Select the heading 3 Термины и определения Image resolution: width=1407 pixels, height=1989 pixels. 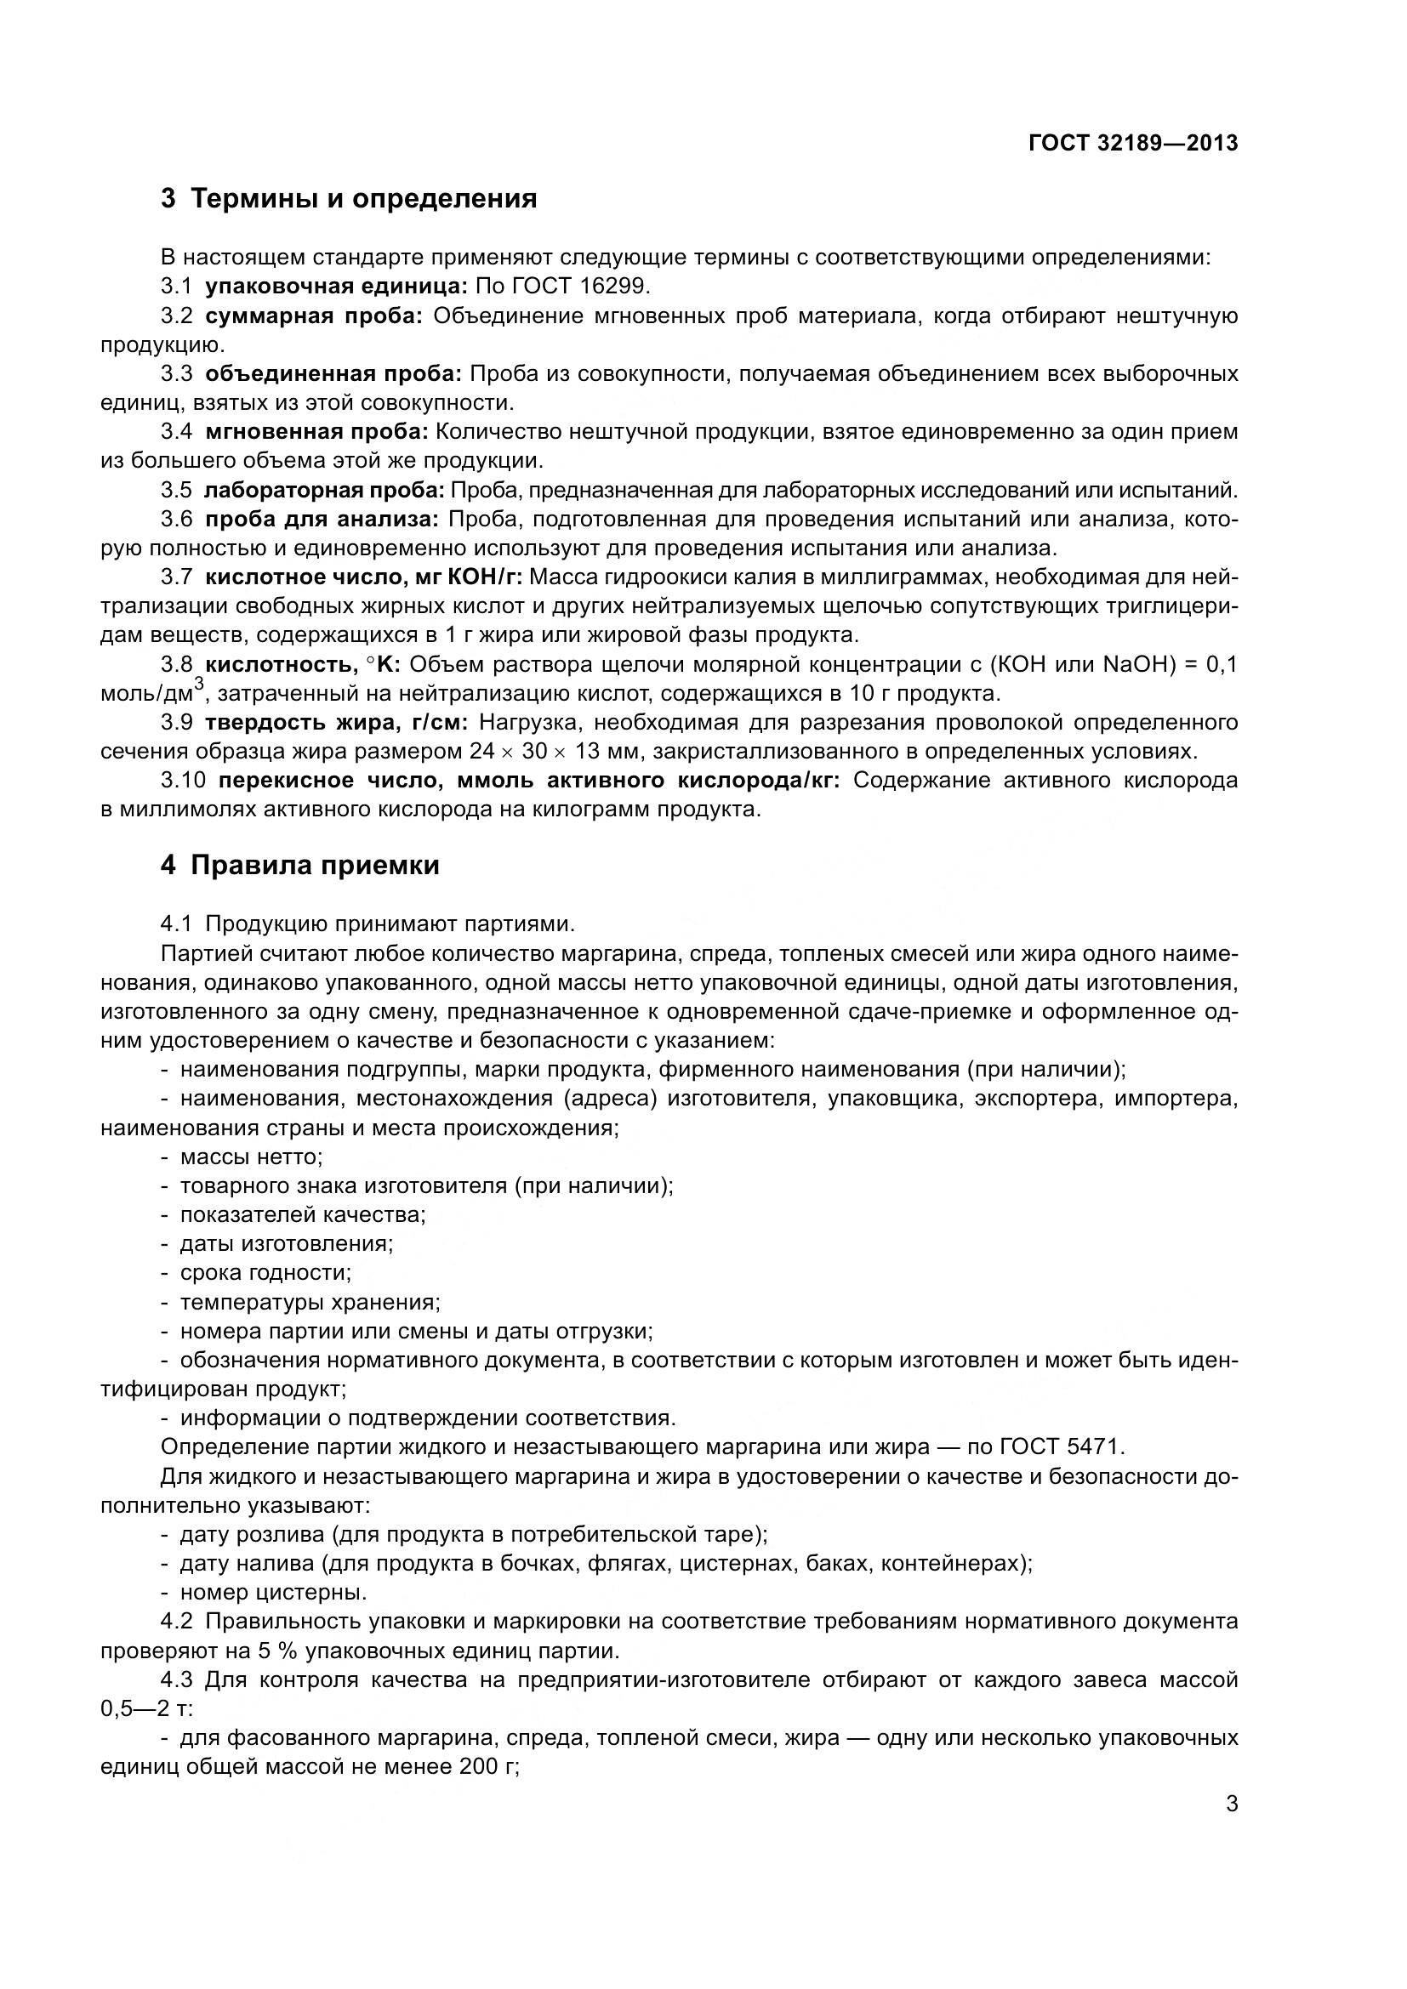[x=348, y=199]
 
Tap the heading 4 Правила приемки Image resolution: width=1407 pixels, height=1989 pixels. [x=299, y=866]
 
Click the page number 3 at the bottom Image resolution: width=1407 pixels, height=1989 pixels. [x=1231, y=1804]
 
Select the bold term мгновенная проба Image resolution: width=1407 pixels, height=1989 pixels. [x=317, y=431]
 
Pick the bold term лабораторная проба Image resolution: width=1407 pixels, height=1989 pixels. [x=324, y=491]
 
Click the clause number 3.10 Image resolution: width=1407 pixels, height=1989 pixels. [x=184, y=781]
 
